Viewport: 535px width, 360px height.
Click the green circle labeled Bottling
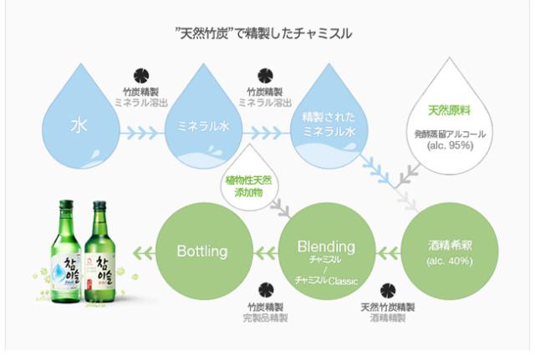point(202,249)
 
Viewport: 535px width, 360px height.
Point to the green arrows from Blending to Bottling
point(265,249)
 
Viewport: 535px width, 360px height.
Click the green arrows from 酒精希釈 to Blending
point(389,249)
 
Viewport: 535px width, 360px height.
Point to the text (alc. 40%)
point(450,261)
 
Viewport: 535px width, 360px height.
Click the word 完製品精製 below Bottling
point(267,318)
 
